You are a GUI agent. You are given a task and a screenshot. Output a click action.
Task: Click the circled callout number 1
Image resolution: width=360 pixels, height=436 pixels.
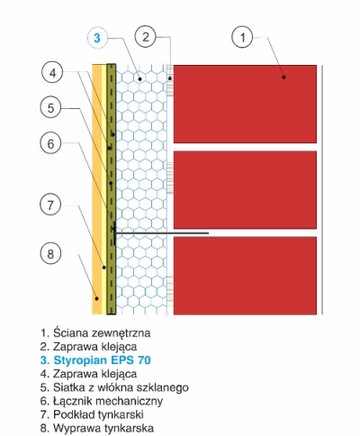point(242,37)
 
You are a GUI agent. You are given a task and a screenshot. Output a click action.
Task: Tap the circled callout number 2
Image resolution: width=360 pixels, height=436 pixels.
point(146,37)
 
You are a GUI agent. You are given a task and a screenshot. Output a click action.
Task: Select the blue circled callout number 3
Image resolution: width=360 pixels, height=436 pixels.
point(97,38)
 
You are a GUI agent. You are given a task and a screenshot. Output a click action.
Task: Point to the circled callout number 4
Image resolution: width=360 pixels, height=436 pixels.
point(53,73)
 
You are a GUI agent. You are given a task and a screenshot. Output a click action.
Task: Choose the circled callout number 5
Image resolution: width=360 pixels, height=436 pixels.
point(50,108)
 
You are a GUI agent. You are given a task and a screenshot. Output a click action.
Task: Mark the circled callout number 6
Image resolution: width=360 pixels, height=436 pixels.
point(50,143)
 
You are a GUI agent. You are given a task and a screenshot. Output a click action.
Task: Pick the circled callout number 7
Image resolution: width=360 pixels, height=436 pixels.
point(50,205)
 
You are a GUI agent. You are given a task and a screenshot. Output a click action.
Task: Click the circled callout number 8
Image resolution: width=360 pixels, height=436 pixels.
point(50,254)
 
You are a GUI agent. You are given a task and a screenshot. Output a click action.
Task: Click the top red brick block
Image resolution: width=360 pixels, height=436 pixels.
point(245,104)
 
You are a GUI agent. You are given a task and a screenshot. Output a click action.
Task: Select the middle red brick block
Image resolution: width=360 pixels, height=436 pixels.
point(245,190)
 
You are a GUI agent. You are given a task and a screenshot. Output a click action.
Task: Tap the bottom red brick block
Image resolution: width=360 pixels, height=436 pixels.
point(245,276)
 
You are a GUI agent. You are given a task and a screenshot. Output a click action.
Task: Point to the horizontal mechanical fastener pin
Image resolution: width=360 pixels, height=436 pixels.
point(161,233)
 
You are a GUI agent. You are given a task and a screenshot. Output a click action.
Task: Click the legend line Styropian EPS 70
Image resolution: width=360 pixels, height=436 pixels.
point(95,360)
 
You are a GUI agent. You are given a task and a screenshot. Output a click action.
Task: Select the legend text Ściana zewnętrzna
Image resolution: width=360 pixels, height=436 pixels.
point(95,333)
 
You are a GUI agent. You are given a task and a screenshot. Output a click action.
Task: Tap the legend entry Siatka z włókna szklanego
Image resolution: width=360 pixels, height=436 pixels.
point(114,387)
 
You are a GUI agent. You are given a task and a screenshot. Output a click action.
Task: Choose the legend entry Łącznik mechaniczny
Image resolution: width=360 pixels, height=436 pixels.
point(102,401)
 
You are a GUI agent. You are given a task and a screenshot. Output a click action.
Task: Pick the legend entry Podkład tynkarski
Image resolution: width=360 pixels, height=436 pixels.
point(92,414)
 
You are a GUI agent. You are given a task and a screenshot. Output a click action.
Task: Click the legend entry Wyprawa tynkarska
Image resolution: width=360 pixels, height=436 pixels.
point(97,428)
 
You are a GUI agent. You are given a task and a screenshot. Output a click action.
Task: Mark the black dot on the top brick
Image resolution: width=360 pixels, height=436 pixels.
point(283,77)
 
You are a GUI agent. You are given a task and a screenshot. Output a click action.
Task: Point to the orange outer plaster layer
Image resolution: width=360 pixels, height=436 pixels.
point(96,190)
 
